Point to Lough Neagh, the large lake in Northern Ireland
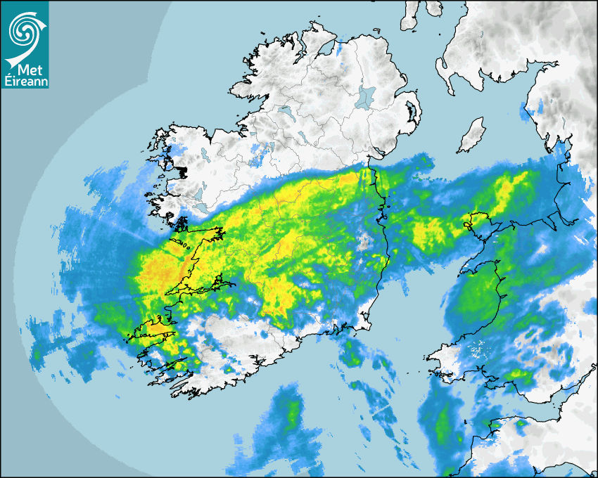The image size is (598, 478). point(366,96)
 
